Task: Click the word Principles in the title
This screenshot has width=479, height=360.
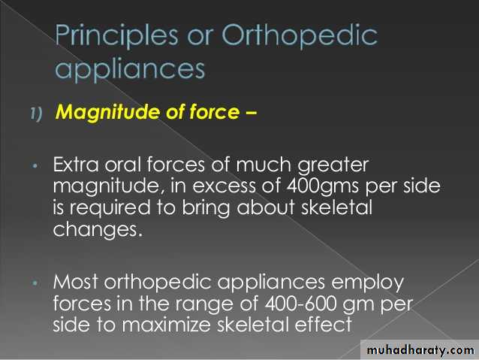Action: pyautogui.click(x=116, y=36)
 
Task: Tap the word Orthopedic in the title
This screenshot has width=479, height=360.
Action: pyautogui.click(x=300, y=36)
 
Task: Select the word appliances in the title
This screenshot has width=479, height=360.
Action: pyautogui.click(x=130, y=70)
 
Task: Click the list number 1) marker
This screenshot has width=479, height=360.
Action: pyautogui.click(x=36, y=113)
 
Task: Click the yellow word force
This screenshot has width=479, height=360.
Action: pyautogui.click(x=215, y=112)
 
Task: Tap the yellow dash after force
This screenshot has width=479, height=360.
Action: pyautogui.click(x=251, y=113)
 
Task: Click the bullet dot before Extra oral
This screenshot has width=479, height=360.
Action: pyautogui.click(x=35, y=166)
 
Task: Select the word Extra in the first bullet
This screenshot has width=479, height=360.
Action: pyautogui.click(x=76, y=165)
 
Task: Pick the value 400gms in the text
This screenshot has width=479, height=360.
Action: pyautogui.click(x=323, y=186)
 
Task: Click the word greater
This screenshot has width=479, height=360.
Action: pyautogui.click(x=333, y=166)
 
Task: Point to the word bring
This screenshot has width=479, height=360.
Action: pyautogui.click(x=206, y=209)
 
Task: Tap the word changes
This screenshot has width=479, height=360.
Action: pyautogui.click(x=98, y=229)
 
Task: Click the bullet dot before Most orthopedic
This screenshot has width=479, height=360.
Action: pyautogui.click(x=35, y=283)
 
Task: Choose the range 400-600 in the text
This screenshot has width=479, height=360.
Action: pyautogui.click(x=300, y=304)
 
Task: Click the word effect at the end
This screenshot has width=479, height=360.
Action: pyautogui.click(x=323, y=325)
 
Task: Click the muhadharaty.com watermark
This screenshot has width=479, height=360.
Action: pyautogui.click(x=420, y=350)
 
